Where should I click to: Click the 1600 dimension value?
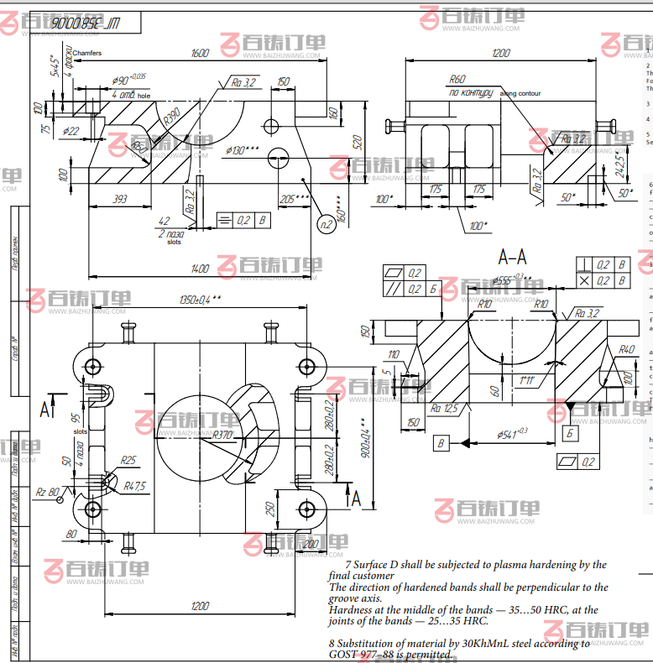point(200,53)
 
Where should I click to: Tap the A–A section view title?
point(514,256)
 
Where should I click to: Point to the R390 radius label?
point(171,116)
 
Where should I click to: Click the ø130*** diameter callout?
point(242,150)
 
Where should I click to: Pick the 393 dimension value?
point(120,199)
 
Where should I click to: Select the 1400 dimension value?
point(200,269)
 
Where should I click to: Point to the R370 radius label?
point(222,435)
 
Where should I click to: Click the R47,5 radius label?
point(134,486)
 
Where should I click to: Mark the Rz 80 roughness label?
point(48,492)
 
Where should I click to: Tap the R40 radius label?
point(625,349)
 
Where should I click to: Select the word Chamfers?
point(87,53)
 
